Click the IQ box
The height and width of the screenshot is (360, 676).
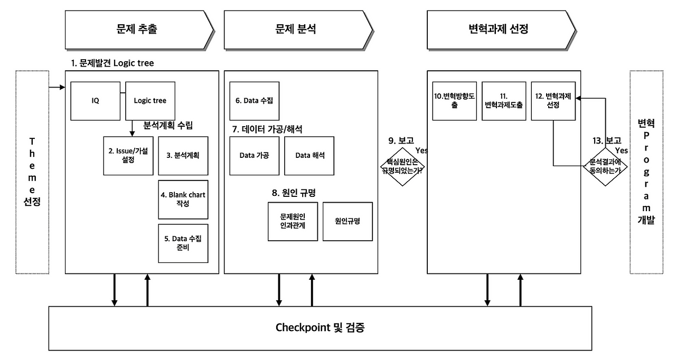(96, 101)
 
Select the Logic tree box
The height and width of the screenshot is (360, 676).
(150, 101)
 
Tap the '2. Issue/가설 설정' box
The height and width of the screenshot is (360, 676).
(127, 155)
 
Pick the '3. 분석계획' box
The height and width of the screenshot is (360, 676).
(183, 155)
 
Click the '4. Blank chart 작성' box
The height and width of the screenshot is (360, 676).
(183, 200)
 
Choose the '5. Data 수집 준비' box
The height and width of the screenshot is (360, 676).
(183, 243)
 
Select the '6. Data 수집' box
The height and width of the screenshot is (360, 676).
(255, 101)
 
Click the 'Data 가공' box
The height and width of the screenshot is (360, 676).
(255, 155)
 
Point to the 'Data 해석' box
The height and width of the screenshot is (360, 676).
(309, 155)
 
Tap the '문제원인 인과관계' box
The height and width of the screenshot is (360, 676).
(293, 221)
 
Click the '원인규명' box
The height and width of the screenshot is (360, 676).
(348, 221)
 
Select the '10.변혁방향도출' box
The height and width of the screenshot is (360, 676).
(454, 101)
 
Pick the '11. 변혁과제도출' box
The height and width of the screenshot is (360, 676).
(504, 101)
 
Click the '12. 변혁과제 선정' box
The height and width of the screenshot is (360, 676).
(552, 101)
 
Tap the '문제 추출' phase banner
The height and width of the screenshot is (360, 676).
(138, 29)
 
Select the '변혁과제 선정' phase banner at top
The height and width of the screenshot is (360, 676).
(499, 29)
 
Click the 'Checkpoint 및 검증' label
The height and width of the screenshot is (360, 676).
(320, 328)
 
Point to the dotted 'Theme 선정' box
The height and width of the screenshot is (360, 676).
(32, 172)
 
